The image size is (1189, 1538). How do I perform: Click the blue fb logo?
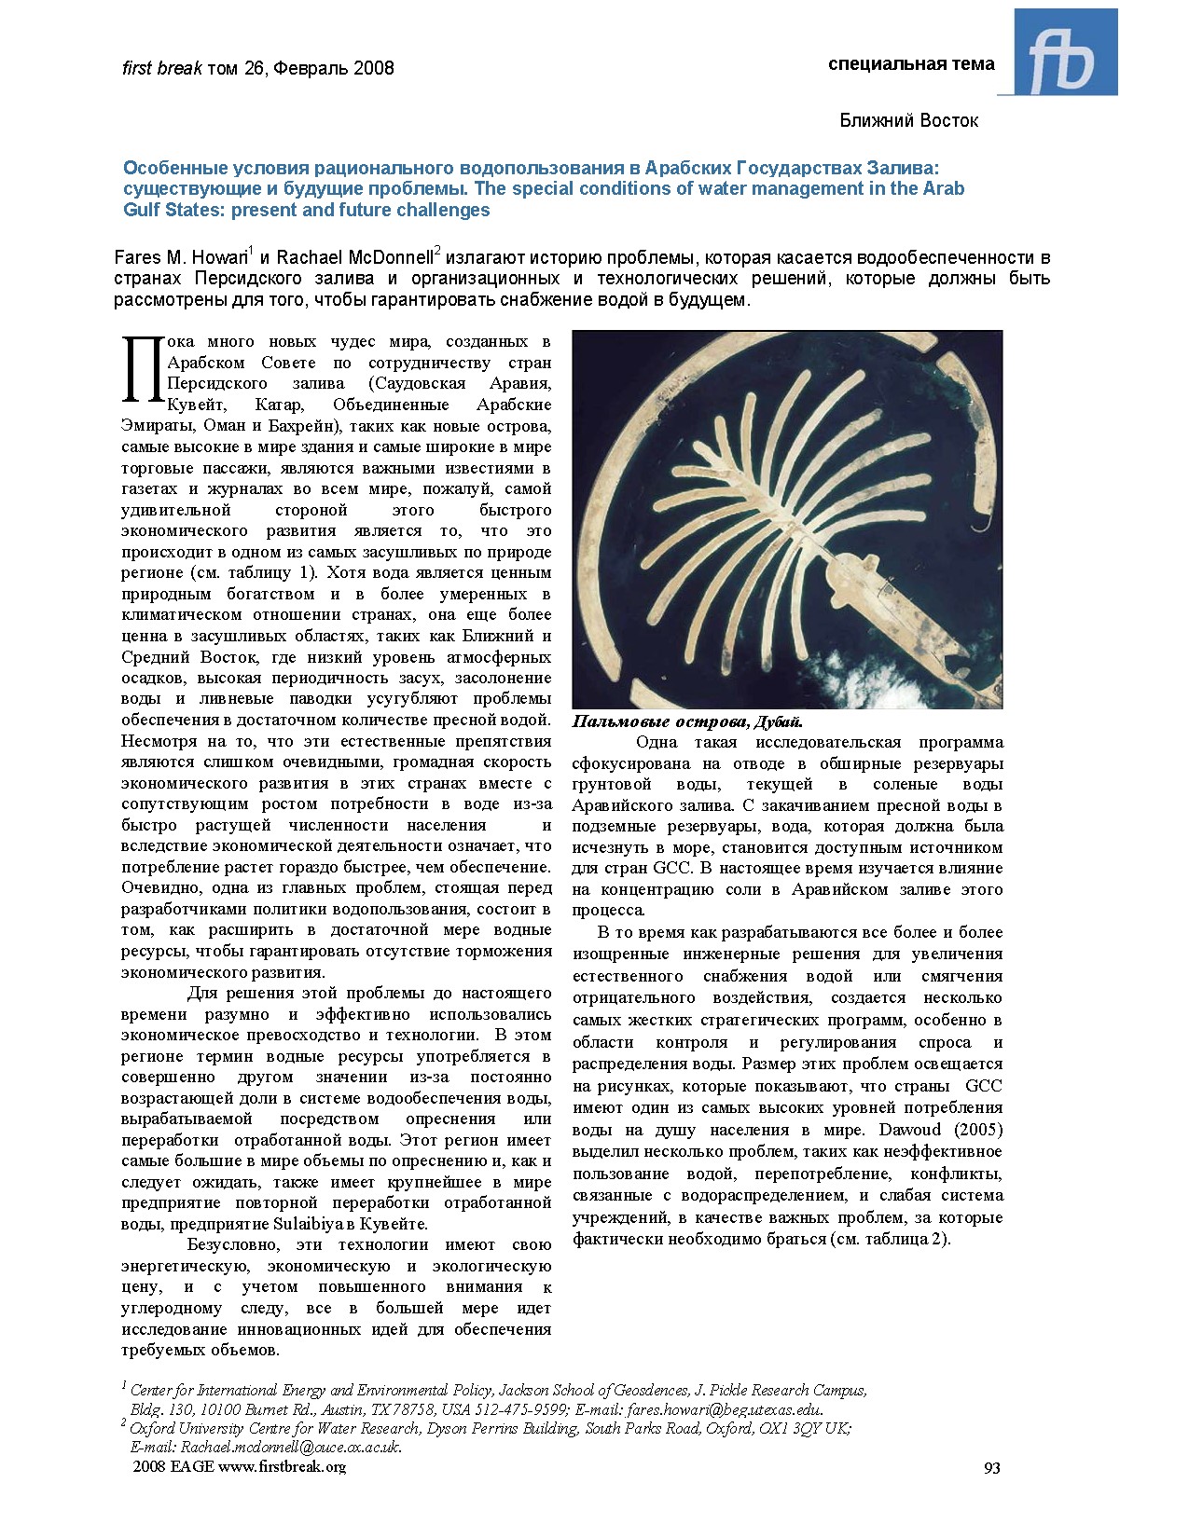[1065, 52]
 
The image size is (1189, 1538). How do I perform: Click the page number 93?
[991, 1467]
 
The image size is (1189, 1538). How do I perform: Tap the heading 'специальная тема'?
[911, 63]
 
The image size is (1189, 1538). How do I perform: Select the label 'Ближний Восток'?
[908, 120]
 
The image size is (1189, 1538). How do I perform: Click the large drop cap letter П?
[143, 370]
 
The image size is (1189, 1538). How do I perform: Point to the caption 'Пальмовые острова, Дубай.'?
[687, 721]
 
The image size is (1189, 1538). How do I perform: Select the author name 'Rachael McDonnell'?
[354, 257]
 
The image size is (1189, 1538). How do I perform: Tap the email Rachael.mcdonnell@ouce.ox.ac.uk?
[290, 1447]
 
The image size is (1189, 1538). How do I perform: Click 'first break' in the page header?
[162, 68]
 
